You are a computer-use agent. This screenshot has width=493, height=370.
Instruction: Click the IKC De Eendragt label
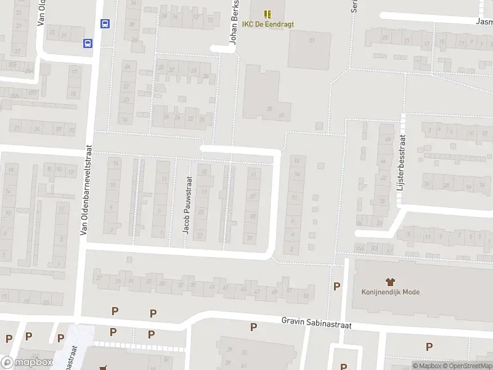(x=268, y=24)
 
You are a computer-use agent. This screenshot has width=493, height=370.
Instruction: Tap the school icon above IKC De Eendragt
(x=267, y=14)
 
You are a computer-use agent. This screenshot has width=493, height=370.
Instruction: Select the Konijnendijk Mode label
(x=391, y=292)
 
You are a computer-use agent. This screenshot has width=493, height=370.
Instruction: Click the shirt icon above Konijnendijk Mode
(x=390, y=281)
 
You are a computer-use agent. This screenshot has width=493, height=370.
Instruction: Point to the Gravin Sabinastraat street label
(x=316, y=323)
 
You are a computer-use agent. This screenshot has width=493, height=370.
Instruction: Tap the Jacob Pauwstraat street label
(x=187, y=205)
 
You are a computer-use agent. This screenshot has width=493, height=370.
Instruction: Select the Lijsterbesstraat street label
(x=402, y=162)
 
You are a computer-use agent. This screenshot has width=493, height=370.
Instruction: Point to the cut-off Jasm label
(x=484, y=20)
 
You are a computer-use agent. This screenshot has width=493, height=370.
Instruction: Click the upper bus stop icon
(x=105, y=24)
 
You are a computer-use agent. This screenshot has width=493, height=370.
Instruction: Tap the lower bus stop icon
(x=88, y=43)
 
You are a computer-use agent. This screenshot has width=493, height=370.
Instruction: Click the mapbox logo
(x=27, y=363)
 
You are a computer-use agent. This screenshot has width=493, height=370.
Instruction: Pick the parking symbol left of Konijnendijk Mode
(x=336, y=286)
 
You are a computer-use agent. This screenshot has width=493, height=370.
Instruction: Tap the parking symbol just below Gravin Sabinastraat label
(x=253, y=327)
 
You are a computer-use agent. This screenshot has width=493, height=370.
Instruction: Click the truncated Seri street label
(x=354, y=6)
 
